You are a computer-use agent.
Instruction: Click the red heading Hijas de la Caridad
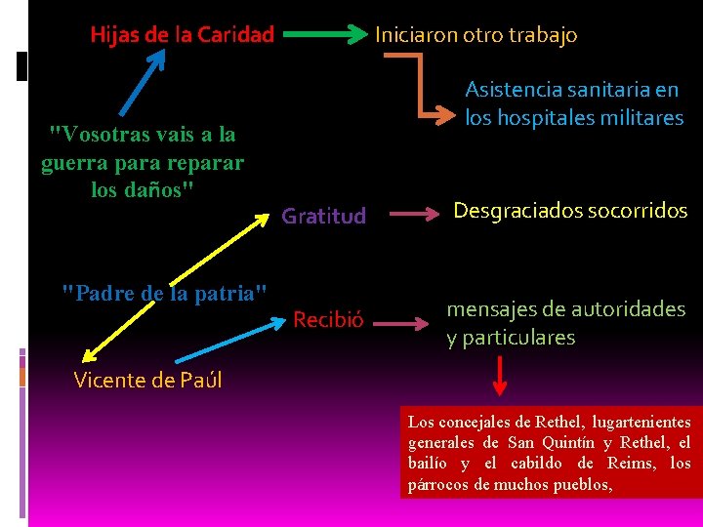[x=182, y=35]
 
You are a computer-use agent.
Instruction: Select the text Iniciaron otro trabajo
[x=476, y=35]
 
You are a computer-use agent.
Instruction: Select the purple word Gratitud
[x=323, y=216]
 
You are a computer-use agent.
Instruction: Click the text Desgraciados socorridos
[x=570, y=211]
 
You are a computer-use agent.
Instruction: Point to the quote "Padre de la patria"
[x=164, y=292]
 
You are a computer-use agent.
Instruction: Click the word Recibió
[x=328, y=319]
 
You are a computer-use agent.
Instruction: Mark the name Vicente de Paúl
[x=148, y=380]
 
